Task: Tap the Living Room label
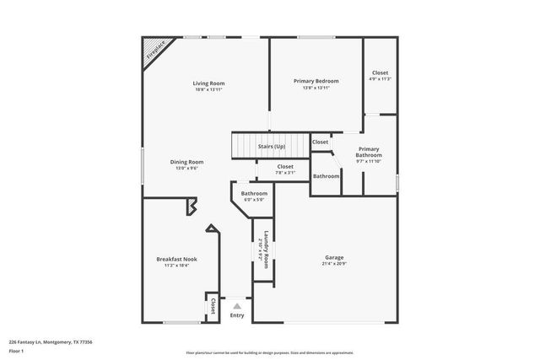point(208,83)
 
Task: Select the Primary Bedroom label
point(316,81)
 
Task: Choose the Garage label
point(334,257)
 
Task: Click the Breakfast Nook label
point(176,259)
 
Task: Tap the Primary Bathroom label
point(369,152)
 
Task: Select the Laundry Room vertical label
point(266,250)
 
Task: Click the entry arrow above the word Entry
point(237,305)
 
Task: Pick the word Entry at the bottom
point(237,315)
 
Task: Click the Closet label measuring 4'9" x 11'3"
point(381,73)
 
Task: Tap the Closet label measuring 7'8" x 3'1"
point(286,167)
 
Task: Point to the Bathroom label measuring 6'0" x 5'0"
point(254,194)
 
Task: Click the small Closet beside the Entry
point(213,305)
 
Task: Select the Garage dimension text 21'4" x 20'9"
point(334,265)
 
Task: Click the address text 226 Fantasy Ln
point(50,341)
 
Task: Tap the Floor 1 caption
point(17,351)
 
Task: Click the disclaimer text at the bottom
point(270,352)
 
